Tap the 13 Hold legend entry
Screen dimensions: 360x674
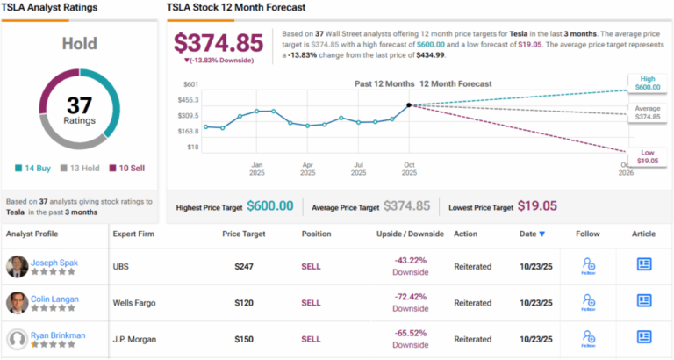pos(82,167)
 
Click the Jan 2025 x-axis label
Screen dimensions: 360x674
pos(257,168)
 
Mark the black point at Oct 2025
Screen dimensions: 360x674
pos(409,105)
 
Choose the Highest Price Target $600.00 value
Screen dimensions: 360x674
pos(269,205)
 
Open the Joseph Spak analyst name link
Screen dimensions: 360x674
pos(55,262)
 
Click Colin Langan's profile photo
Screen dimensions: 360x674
pos(17,303)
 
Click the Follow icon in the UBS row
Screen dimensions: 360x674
pos(588,265)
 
